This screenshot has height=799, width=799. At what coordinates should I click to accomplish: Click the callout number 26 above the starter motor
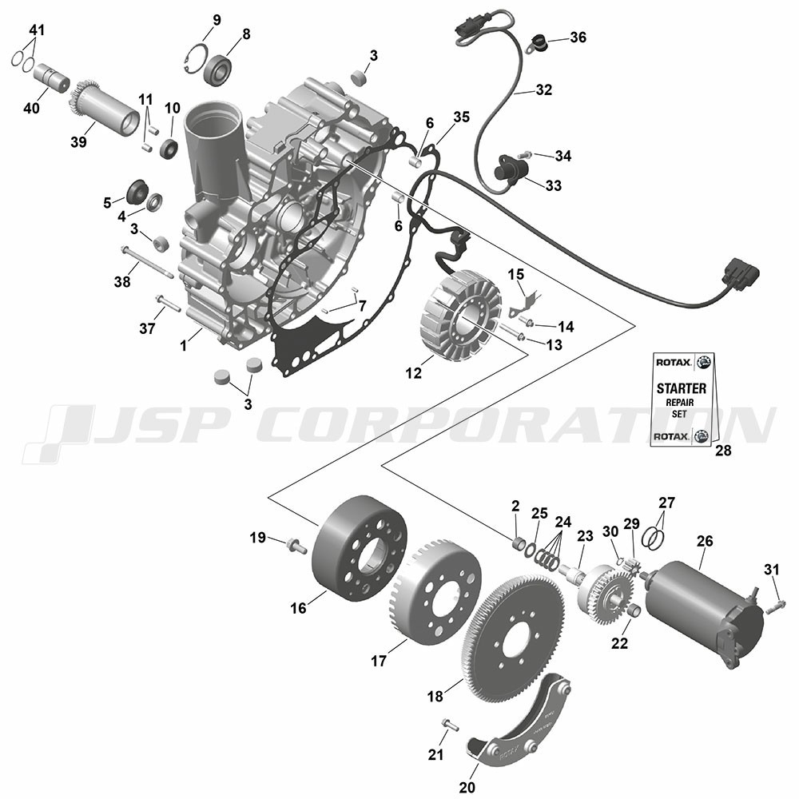click(x=705, y=541)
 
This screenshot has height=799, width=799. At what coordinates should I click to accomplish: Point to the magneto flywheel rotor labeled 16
click(x=360, y=548)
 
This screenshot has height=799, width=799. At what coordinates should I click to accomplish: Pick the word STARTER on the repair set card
click(x=682, y=388)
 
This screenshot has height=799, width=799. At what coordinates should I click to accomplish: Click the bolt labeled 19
click(x=296, y=545)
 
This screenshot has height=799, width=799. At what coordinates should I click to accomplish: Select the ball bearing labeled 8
click(x=217, y=69)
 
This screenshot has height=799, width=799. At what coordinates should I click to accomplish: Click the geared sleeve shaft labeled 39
click(x=104, y=107)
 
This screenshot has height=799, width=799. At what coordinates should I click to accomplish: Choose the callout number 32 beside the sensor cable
click(x=543, y=89)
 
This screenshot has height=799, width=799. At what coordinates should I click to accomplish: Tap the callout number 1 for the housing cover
click(x=184, y=346)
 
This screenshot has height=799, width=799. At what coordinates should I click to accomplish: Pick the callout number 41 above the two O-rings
click(x=37, y=30)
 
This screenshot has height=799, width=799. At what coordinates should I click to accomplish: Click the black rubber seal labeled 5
click(x=136, y=191)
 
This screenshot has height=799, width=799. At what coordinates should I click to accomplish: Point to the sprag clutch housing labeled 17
click(x=439, y=590)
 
